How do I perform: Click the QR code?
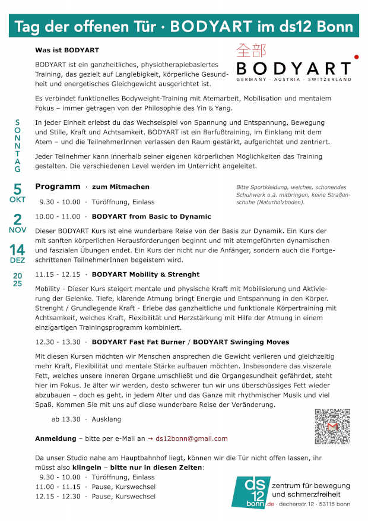[x=332, y=427]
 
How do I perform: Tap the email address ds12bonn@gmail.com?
[x=192, y=438]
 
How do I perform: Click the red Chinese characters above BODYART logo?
[x=251, y=50]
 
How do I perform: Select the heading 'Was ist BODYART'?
[x=67, y=50]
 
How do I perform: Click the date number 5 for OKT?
[x=17, y=190]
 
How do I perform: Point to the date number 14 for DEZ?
[x=17, y=250]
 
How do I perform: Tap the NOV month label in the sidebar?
[x=17, y=229]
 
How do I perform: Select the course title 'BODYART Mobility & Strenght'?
[x=145, y=274]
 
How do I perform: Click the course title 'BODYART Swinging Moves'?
[x=233, y=342]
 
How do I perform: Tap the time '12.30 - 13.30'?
[x=58, y=342]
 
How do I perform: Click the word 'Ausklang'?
[x=107, y=419]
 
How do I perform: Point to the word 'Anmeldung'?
[x=55, y=438]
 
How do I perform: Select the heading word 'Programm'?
[x=58, y=187]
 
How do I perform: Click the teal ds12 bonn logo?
[x=250, y=491]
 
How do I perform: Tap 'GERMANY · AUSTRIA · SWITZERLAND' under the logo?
[x=293, y=79]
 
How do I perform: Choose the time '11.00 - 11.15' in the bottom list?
[x=58, y=486]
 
